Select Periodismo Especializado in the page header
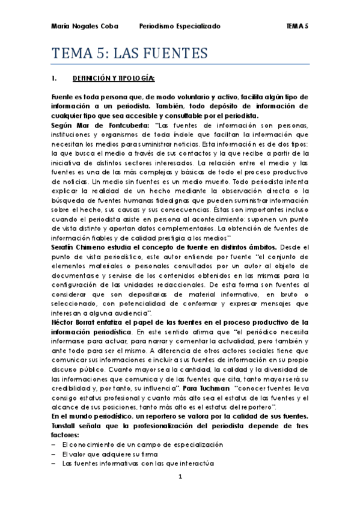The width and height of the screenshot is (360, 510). click(180, 26)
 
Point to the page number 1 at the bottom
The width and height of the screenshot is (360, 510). click(180, 493)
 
